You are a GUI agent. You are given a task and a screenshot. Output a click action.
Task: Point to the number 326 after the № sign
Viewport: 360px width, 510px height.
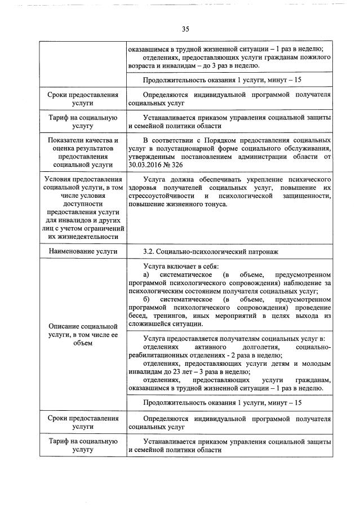(184, 164)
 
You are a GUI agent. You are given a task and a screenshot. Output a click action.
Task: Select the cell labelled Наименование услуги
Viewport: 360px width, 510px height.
(83, 250)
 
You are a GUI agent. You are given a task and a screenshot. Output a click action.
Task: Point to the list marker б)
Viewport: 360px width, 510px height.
(148, 299)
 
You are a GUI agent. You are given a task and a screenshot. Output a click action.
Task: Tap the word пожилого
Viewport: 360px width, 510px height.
(315, 57)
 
